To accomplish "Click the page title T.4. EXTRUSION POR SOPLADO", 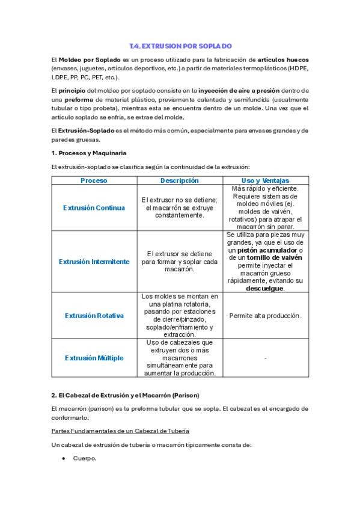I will tap(180, 46).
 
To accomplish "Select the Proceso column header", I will tap(94, 180).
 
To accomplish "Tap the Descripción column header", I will tap(179, 180).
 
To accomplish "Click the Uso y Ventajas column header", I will tap(265, 180).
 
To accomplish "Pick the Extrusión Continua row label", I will tap(94, 207).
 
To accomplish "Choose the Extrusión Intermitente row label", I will tap(94, 262).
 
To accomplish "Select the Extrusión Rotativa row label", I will tap(94, 315).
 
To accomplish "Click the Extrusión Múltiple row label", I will tap(94, 357).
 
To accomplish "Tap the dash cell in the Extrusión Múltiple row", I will tap(265, 358).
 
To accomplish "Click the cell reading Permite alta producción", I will tap(265, 315).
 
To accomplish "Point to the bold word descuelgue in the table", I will tap(264, 288).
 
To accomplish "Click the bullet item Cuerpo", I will tap(84, 458).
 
